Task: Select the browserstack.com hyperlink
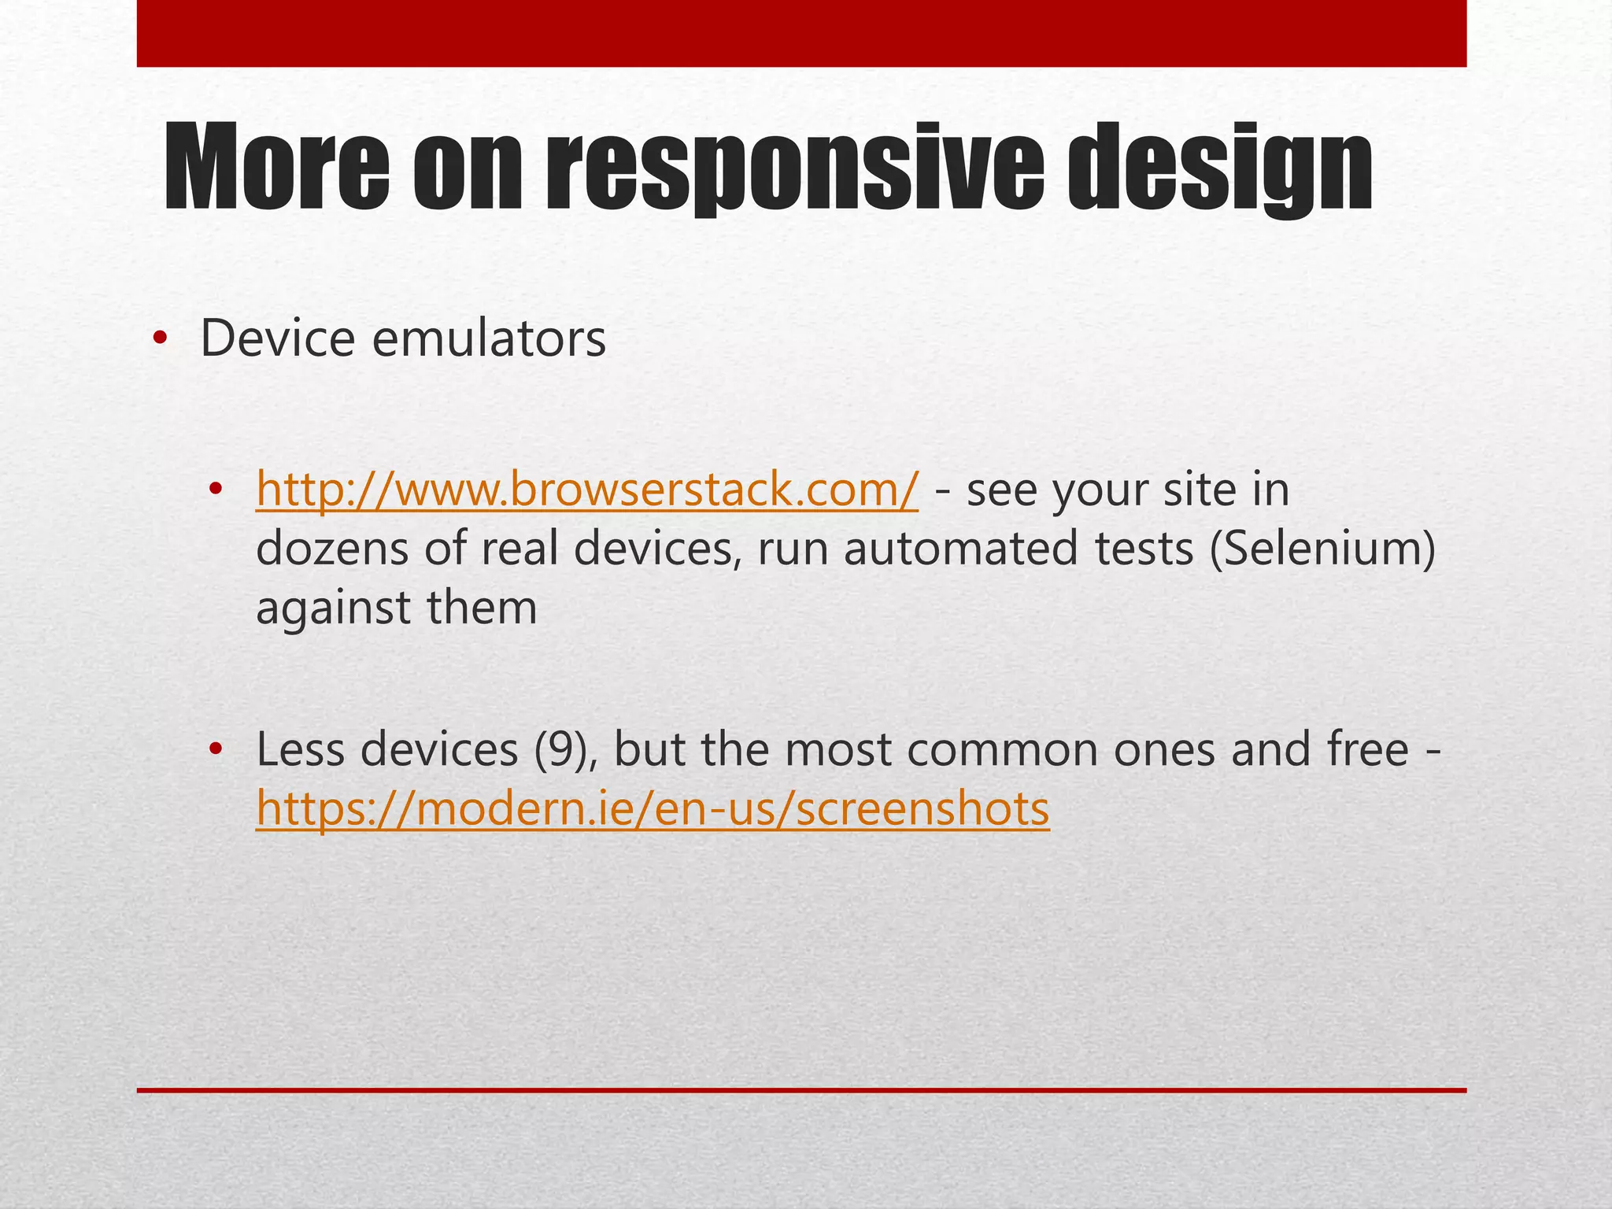tap(586, 490)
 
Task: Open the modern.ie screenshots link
tap(653, 809)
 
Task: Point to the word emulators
tap(489, 339)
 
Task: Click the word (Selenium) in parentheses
tap(1323, 549)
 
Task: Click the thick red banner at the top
tap(801, 33)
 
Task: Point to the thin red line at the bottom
tap(801, 1090)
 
